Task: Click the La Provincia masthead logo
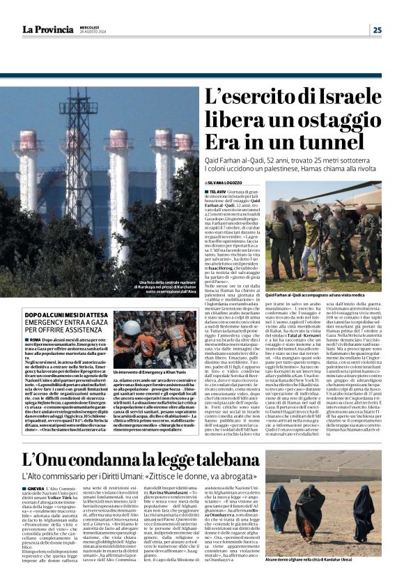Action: (x=46, y=29)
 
